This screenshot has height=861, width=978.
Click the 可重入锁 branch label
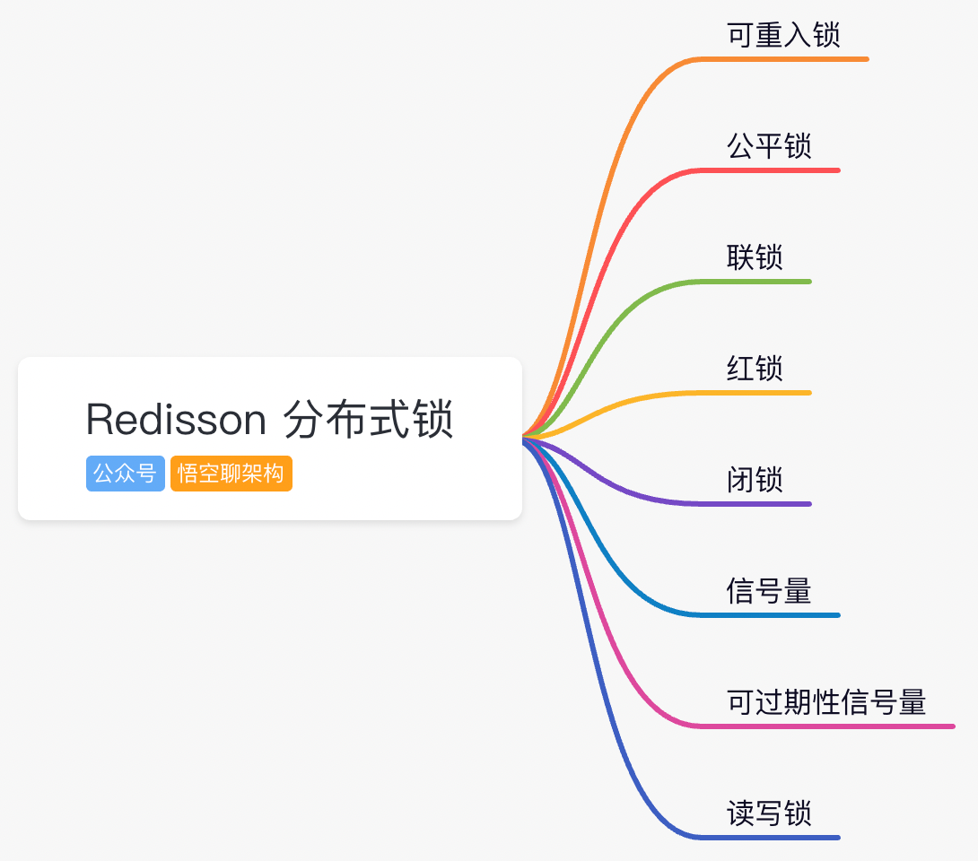click(x=783, y=35)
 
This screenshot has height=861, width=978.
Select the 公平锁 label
click(x=769, y=146)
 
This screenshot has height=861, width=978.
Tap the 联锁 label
click(x=755, y=257)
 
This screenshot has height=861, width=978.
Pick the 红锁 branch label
click(x=755, y=369)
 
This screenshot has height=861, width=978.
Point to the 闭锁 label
click(x=755, y=480)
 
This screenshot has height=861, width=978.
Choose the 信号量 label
click(x=769, y=591)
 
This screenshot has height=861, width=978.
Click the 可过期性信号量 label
click(x=826, y=702)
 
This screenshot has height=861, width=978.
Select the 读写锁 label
click(x=769, y=813)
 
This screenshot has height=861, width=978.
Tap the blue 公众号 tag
click(x=126, y=474)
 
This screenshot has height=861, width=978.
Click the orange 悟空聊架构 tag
click(x=231, y=474)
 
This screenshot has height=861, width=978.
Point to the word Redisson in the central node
click(x=176, y=420)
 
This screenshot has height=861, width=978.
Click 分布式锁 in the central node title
click(x=369, y=420)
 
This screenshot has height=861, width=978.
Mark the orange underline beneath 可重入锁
click(x=790, y=59)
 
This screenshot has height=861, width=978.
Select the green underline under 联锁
click(x=763, y=282)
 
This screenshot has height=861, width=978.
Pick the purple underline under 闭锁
click(x=763, y=504)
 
